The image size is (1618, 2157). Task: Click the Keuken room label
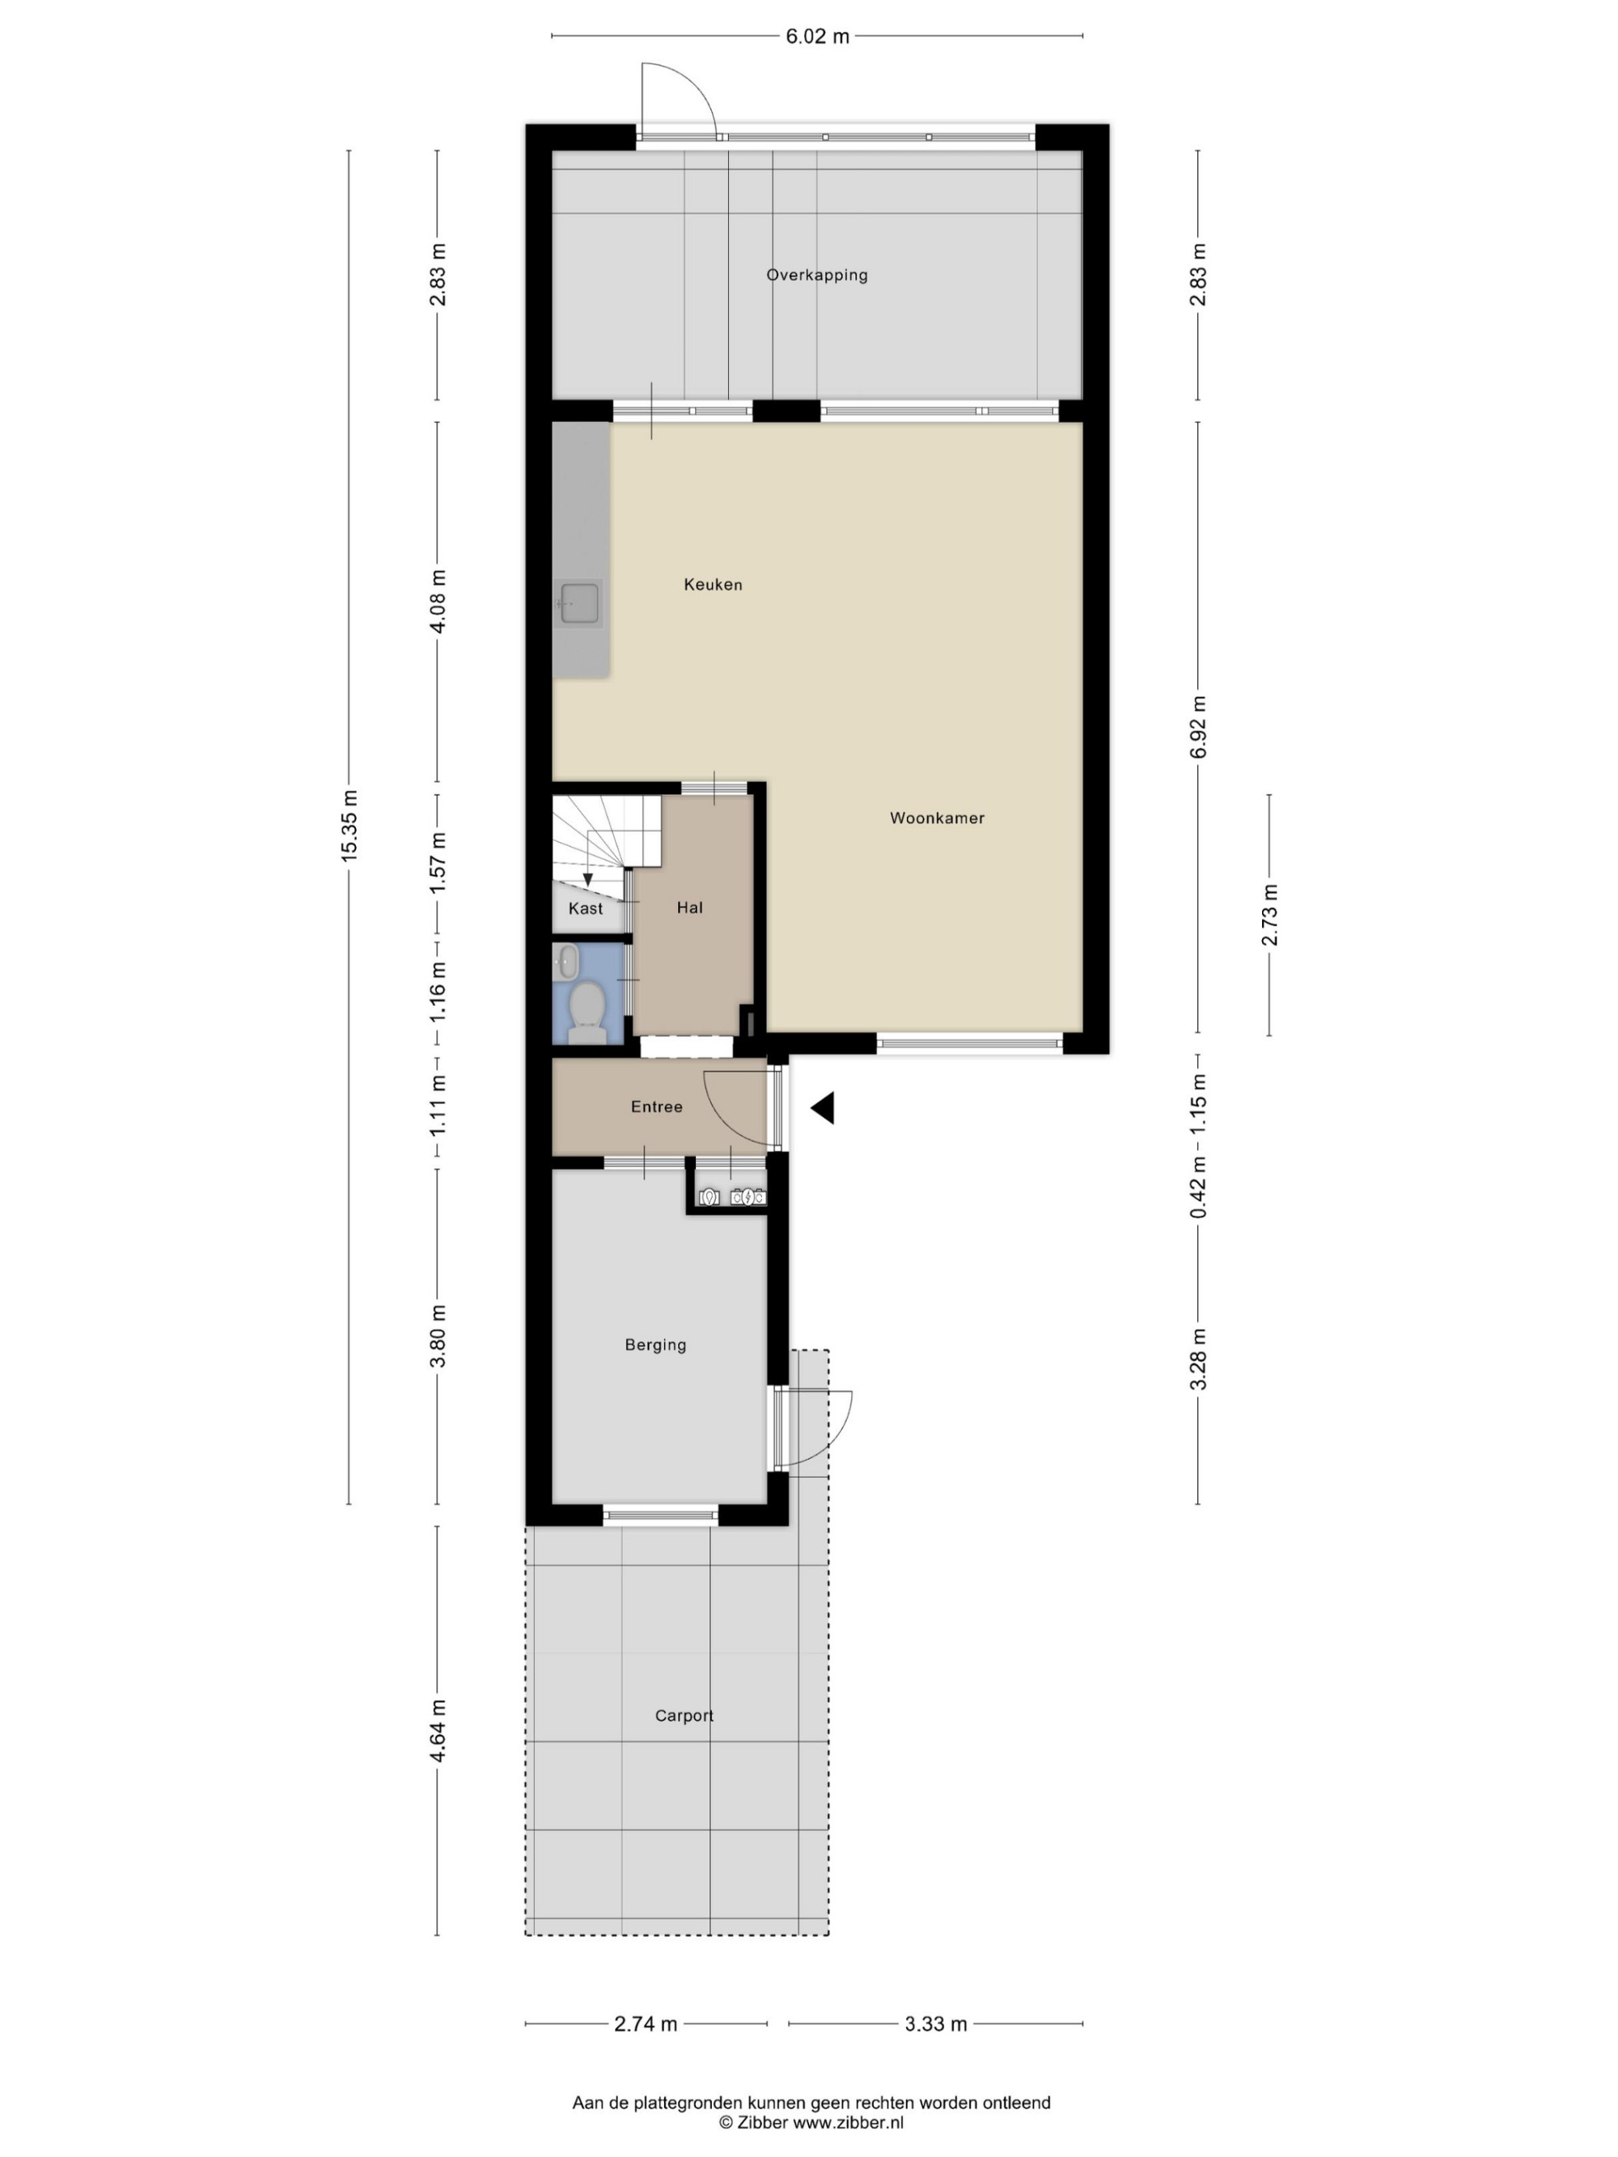point(713,585)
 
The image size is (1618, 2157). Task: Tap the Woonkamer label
point(936,818)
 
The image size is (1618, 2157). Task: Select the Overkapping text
point(817,275)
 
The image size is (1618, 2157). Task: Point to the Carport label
point(684,1715)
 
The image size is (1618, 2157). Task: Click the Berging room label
point(655,1345)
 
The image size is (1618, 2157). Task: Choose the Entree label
point(656,1106)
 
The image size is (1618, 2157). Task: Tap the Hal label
point(689,908)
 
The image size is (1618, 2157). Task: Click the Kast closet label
point(585,909)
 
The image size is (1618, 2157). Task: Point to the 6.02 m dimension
point(817,37)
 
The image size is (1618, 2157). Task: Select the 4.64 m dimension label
point(438,1731)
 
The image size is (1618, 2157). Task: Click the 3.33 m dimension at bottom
point(935,2024)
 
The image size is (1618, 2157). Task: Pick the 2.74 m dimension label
point(645,2024)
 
